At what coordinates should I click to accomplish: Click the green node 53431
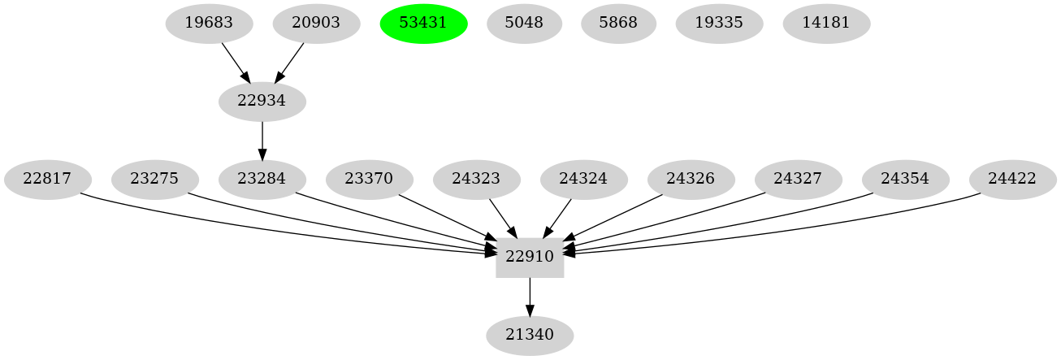click(423, 23)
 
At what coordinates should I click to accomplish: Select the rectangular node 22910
click(530, 257)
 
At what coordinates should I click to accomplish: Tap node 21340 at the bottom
click(530, 335)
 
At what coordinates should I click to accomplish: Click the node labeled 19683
click(209, 23)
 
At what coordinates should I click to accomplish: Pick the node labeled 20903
click(316, 23)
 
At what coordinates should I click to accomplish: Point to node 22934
click(262, 101)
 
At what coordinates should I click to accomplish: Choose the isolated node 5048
click(524, 23)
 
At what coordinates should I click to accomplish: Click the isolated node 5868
click(618, 23)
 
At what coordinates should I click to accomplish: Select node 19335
click(719, 23)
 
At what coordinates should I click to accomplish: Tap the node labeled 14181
click(826, 23)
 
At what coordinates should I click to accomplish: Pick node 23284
click(262, 179)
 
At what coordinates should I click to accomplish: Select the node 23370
click(370, 179)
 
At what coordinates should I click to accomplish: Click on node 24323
click(477, 179)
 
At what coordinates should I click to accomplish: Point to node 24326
click(691, 179)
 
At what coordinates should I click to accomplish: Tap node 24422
click(1013, 179)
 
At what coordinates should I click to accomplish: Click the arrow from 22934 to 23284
click(262, 140)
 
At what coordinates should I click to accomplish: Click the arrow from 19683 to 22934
click(235, 62)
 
